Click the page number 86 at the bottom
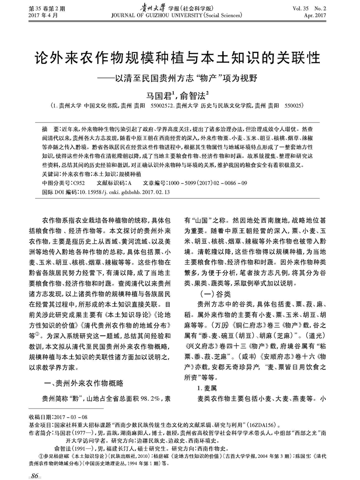tap(34, 475)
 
